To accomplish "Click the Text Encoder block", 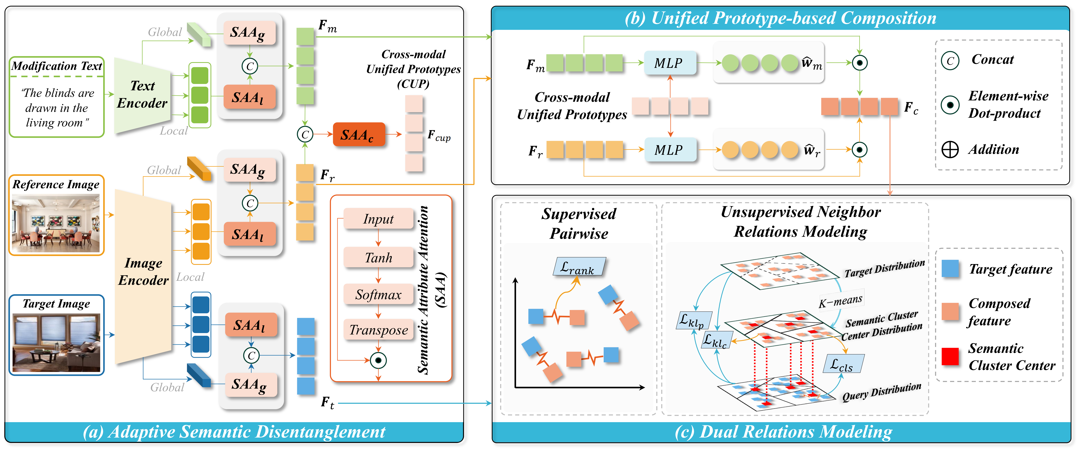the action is click(142, 95).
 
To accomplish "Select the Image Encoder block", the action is click(143, 276).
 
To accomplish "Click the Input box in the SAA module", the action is click(378, 219).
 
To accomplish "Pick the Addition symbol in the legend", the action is click(950, 149).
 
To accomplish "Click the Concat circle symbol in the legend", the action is click(950, 61).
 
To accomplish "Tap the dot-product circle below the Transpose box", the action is click(378, 360).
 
